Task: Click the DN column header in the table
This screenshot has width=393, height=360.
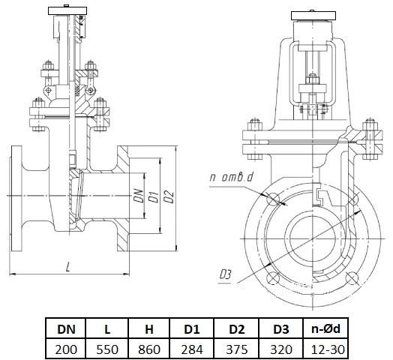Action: tap(66, 329)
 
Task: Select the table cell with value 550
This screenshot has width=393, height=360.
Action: tap(107, 349)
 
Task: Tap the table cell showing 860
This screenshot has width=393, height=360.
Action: tap(149, 349)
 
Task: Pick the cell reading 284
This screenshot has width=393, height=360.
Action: tap(192, 349)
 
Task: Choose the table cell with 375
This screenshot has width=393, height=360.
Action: tap(236, 349)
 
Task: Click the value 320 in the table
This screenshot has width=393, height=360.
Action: tap(281, 349)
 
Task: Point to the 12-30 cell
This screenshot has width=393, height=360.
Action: tap(325, 349)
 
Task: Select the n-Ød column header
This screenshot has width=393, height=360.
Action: tap(325, 329)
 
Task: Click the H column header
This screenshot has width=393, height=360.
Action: tap(149, 329)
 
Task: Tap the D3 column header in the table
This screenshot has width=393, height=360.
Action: tap(281, 329)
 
